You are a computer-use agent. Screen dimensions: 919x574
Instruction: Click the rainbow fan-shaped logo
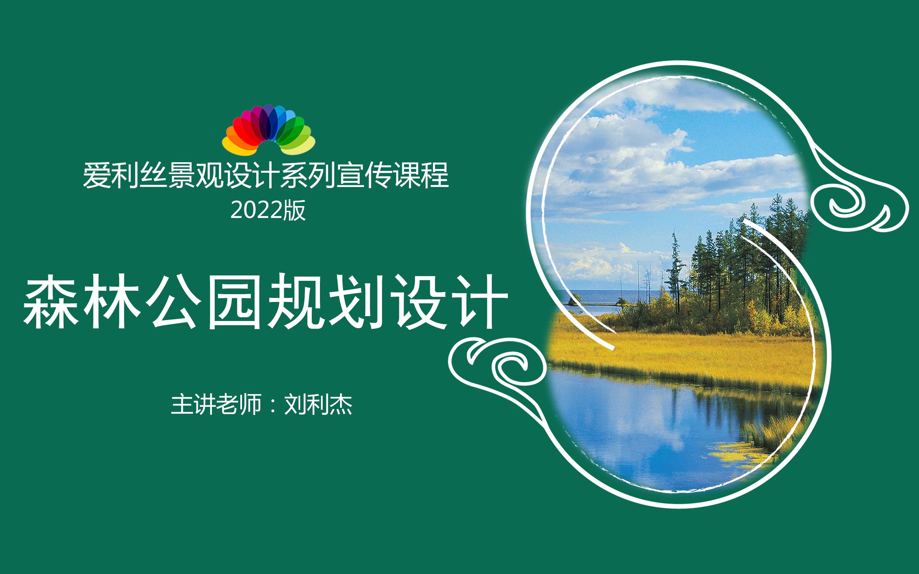(x=269, y=130)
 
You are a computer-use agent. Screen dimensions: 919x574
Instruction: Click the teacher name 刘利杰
(x=318, y=404)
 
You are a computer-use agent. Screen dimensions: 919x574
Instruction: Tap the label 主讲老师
(x=216, y=404)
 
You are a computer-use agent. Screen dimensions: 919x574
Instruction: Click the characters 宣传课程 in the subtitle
(x=393, y=175)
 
